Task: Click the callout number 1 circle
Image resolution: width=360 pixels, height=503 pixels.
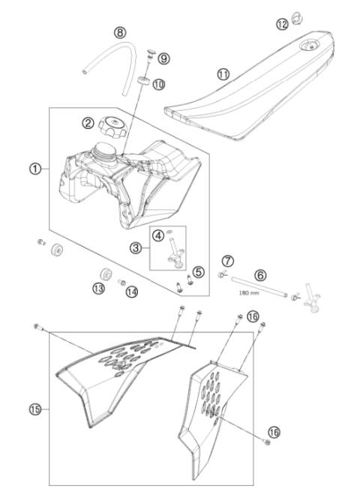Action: coord(35,169)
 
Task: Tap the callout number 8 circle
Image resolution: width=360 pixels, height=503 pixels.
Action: coord(121,33)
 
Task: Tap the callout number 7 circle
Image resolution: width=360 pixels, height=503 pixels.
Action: coord(228,260)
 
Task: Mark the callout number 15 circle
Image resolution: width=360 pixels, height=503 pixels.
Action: coord(35,409)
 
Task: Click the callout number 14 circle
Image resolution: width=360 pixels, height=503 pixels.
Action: coord(132,292)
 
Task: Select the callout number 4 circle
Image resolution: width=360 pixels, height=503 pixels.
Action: coord(159,234)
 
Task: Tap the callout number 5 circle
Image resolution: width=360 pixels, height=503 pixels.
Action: coord(198,271)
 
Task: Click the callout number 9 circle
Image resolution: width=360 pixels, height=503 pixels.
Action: coord(164,57)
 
